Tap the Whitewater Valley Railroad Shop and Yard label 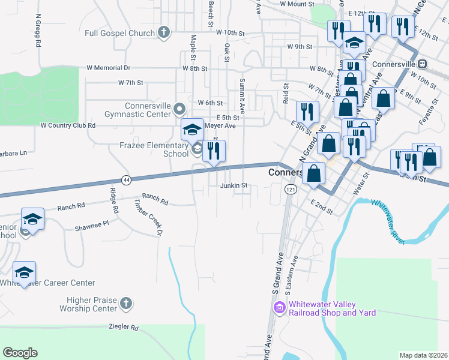pos(332,308)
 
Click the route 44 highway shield pos(125,179)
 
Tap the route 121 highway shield pos(291,189)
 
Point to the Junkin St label pos(234,186)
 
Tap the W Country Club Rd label pos(68,125)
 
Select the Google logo pos(20,353)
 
